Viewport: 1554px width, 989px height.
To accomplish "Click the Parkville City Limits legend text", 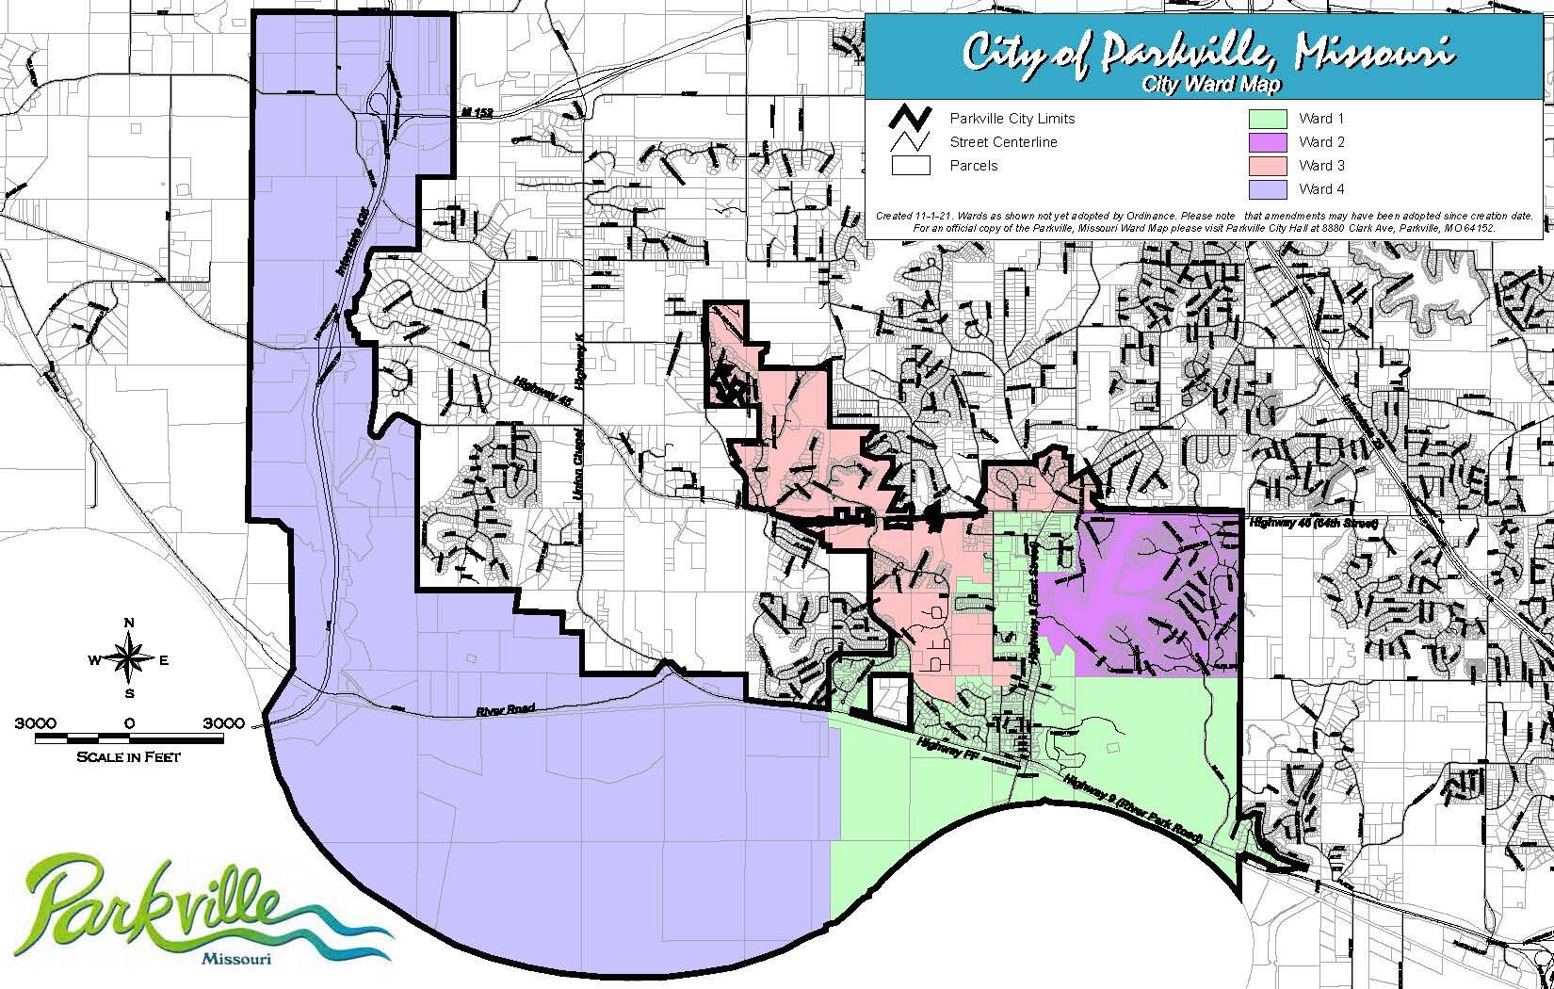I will tap(1012, 119).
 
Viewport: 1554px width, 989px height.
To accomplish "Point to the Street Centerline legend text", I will tap(1003, 142).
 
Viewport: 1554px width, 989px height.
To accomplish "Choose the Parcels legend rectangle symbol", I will tap(910, 166).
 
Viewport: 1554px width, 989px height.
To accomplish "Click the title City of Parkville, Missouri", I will tap(1206, 54).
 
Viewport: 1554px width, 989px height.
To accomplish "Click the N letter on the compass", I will tap(130, 623).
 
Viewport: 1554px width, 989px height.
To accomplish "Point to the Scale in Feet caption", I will tap(130, 756).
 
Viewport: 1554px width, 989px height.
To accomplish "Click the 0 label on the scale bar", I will tap(129, 722).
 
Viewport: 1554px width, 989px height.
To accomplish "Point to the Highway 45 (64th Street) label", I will tap(1312, 522).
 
